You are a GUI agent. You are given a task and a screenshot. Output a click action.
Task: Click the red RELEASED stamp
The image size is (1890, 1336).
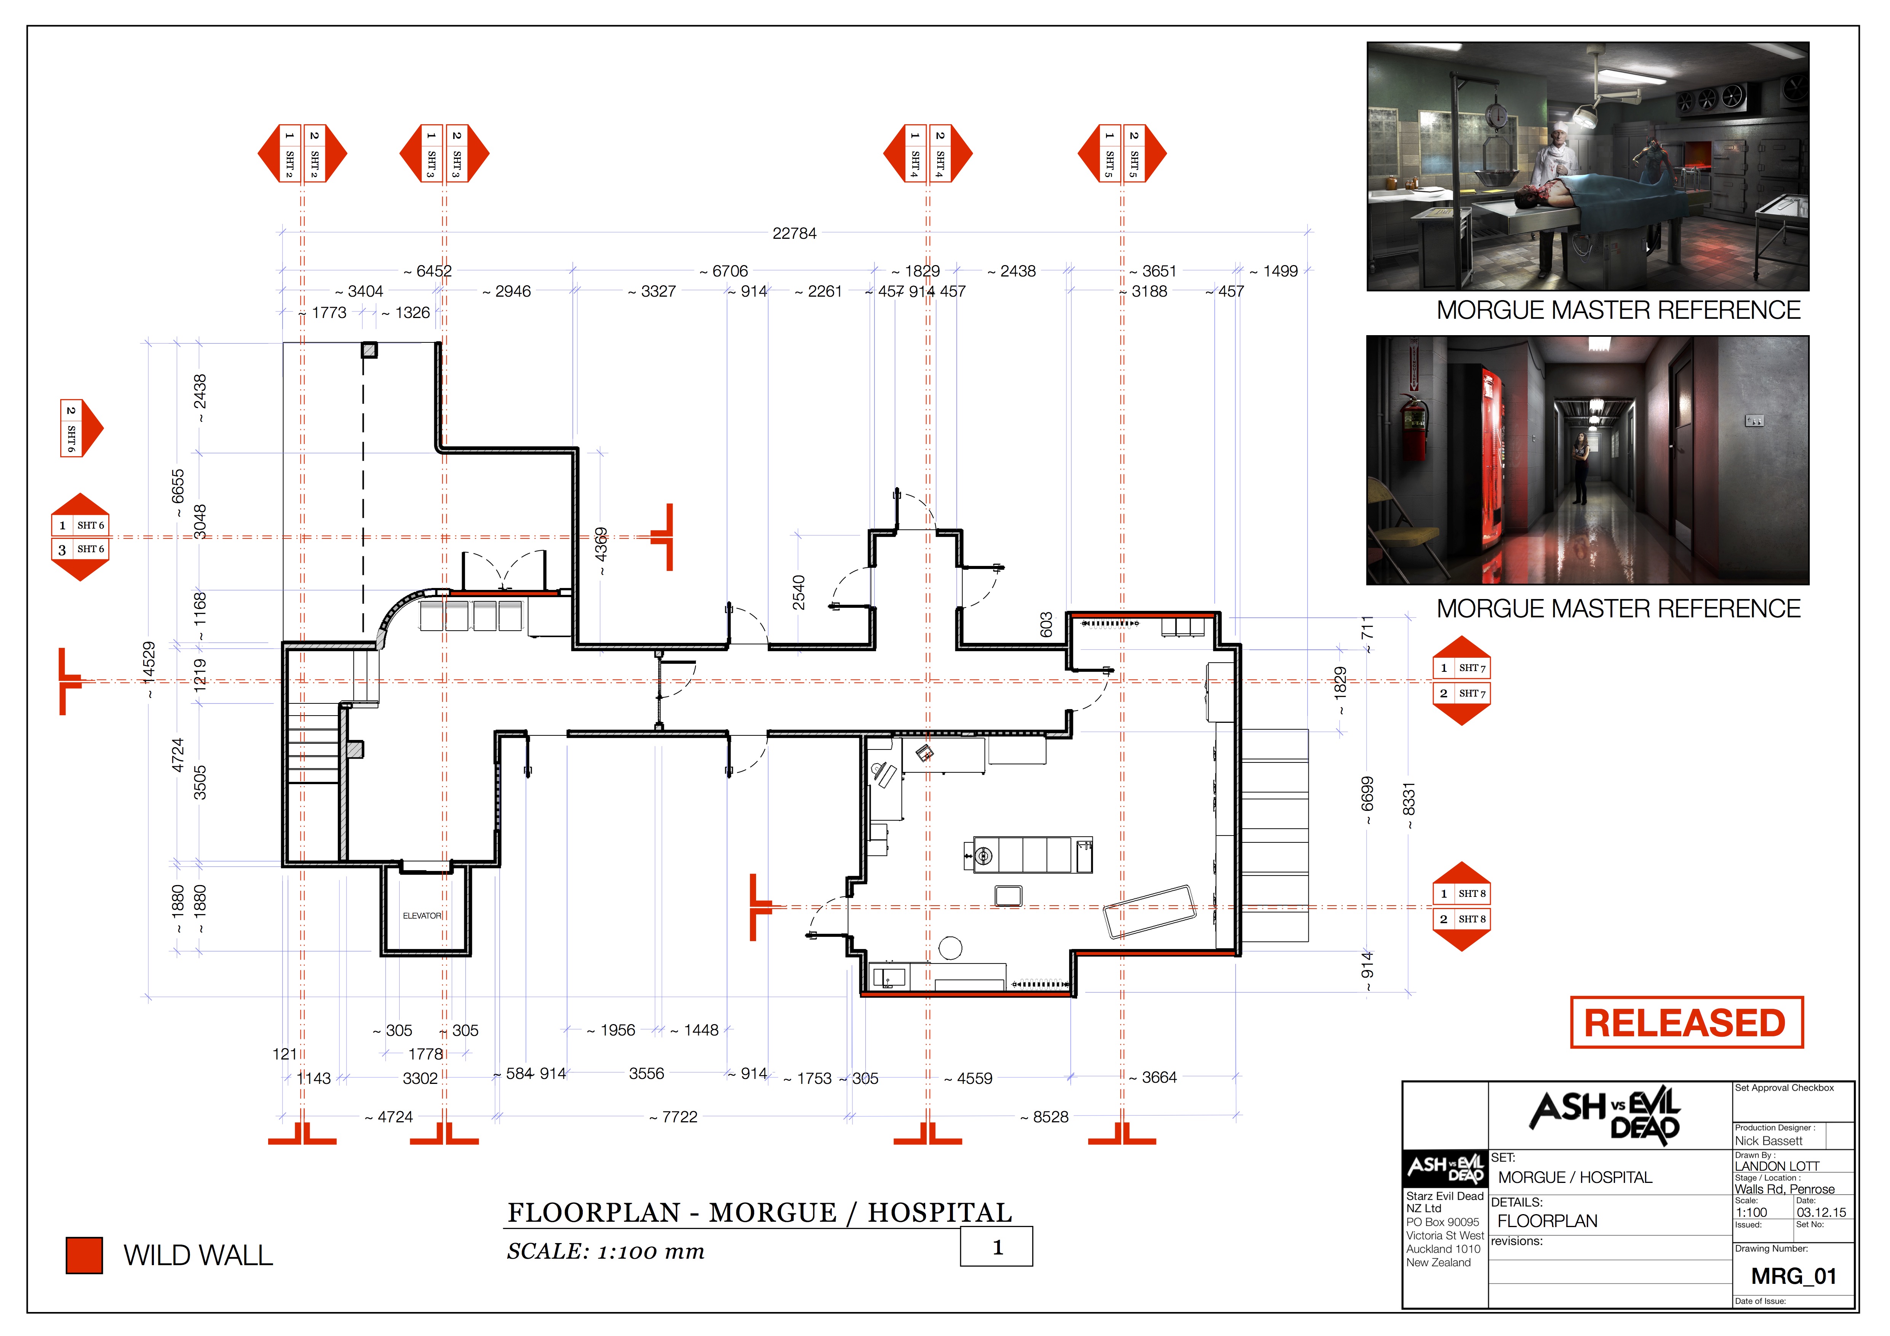click(x=1686, y=1022)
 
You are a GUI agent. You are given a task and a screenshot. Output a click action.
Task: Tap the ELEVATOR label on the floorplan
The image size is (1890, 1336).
click(x=422, y=916)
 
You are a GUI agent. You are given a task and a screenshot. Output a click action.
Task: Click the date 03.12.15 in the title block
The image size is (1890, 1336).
click(x=1821, y=1213)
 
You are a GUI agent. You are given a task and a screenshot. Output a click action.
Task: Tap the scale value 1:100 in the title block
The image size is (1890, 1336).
click(x=1751, y=1213)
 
